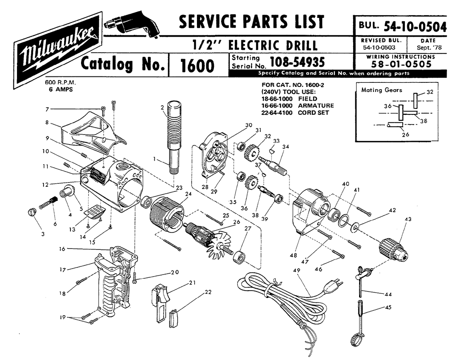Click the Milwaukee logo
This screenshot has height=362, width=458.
[x=58, y=46]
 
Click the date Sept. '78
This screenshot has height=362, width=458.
[x=429, y=47]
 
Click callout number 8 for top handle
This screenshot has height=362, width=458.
[x=47, y=122]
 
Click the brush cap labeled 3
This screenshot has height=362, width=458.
[x=32, y=211]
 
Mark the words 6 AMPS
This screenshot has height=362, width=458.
[x=59, y=89]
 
